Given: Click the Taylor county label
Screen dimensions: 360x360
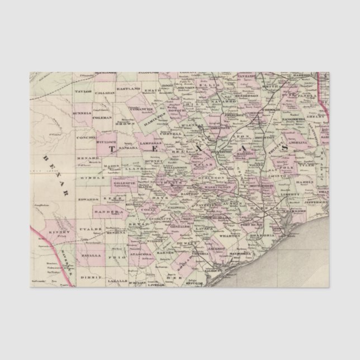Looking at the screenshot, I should pyautogui.click(x=83, y=90).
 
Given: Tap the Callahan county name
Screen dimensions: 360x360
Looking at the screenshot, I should pyautogui.click(x=105, y=93).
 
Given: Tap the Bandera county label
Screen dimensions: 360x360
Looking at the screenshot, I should pyautogui.click(x=112, y=212).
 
